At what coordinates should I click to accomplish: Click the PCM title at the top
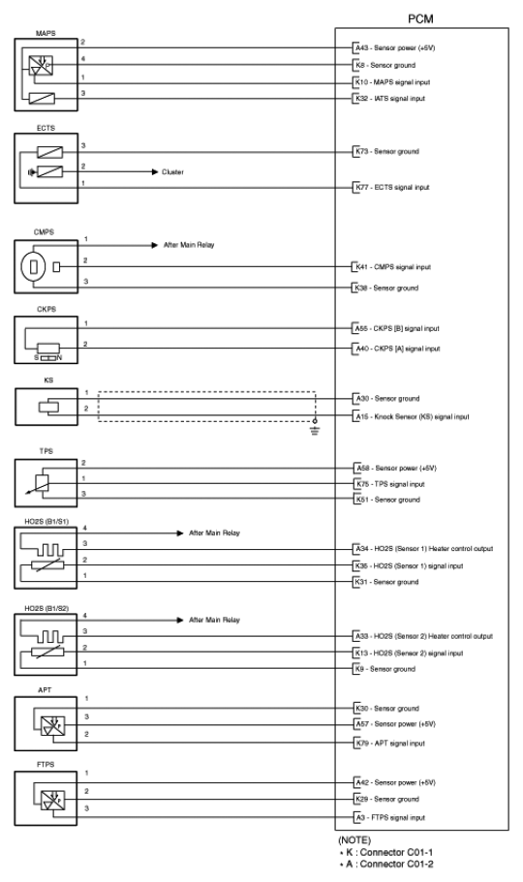coord(420,19)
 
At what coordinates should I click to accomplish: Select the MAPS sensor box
coord(46,75)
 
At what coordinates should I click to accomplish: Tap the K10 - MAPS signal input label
coord(392,82)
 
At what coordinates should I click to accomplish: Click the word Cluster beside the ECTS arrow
coord(172,172)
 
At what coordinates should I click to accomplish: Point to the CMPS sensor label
coord(44,232)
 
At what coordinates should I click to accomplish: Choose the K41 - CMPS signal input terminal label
coord(393,267)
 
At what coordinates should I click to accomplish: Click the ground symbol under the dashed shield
coord(315,430)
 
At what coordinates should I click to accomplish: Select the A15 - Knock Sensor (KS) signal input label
coord(412,417)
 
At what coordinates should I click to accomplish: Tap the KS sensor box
coord(46,407)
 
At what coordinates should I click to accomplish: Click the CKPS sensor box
coord(46,340)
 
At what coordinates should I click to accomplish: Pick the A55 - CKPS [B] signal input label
coord(397,328)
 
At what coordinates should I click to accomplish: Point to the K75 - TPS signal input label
coord(390,484)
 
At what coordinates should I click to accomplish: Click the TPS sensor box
coord(46,483)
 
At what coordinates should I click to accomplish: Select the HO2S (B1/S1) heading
coord(46,522)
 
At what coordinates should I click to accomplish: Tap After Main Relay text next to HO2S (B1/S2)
coord(214,620)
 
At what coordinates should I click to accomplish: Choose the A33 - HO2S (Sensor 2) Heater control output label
coord(424,636)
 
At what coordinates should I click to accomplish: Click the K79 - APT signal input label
coord(390,743)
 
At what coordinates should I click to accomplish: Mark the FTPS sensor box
coord(46,799)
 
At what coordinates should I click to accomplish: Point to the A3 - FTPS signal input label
coord(390,817)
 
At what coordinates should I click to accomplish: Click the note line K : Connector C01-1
coord(386,852)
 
